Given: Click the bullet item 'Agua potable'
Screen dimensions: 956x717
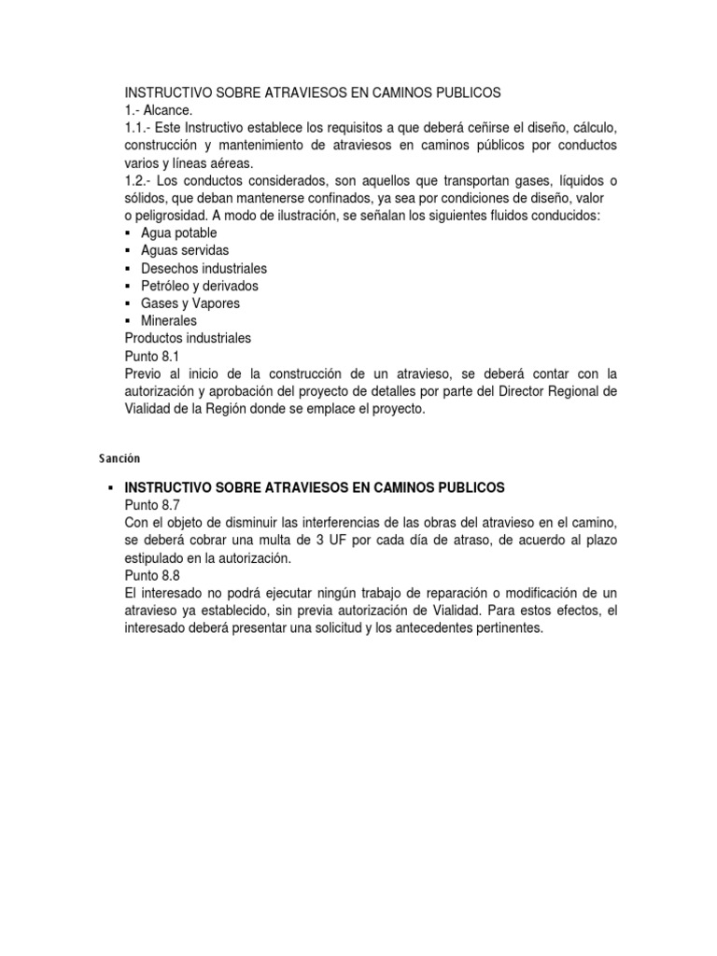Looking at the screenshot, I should (179, 232).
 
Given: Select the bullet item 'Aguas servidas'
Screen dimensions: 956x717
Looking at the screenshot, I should (185, 250).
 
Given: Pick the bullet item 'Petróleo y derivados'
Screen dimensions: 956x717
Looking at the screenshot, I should (200, 286).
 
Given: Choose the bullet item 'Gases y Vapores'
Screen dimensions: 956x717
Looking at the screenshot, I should (190, 303).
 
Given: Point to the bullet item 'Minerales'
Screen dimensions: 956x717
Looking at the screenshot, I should (169, 321).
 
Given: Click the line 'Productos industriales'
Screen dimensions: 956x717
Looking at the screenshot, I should (188, 338).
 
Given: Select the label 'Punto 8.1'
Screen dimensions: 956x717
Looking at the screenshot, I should (151, 356).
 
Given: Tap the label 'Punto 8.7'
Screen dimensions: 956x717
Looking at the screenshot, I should (151, 505).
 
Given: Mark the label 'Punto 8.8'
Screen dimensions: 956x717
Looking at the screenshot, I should (151, 575).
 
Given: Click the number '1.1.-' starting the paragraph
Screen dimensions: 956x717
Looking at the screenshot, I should (141, 127).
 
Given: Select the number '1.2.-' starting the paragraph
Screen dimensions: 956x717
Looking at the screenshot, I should (141, 180).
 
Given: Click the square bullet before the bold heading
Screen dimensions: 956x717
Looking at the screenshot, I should (111, 488).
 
